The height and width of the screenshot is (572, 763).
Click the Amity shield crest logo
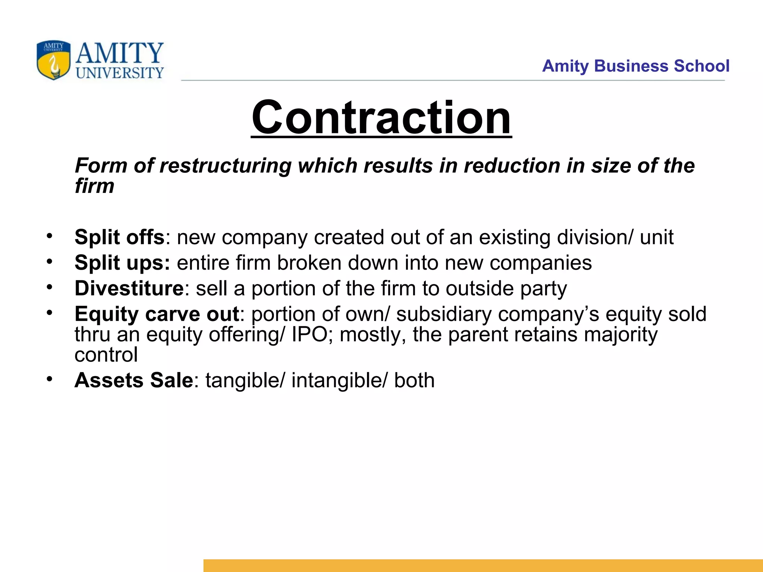53,60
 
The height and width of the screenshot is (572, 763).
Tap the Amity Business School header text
635,66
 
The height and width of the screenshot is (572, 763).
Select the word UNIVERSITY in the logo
120,73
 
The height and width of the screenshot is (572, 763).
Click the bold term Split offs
119,237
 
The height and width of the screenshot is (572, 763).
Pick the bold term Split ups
122,263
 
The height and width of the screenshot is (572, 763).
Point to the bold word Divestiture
129,288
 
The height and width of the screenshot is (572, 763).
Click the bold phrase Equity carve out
156,314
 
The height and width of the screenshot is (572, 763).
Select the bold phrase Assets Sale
134,380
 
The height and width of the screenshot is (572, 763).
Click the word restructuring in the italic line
225,166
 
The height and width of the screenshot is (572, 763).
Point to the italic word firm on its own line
94,186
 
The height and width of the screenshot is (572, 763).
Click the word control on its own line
106,355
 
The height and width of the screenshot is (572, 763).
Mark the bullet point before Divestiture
50,287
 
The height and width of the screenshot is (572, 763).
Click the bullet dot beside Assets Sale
50,379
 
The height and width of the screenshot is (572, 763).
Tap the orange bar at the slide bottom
483,565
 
